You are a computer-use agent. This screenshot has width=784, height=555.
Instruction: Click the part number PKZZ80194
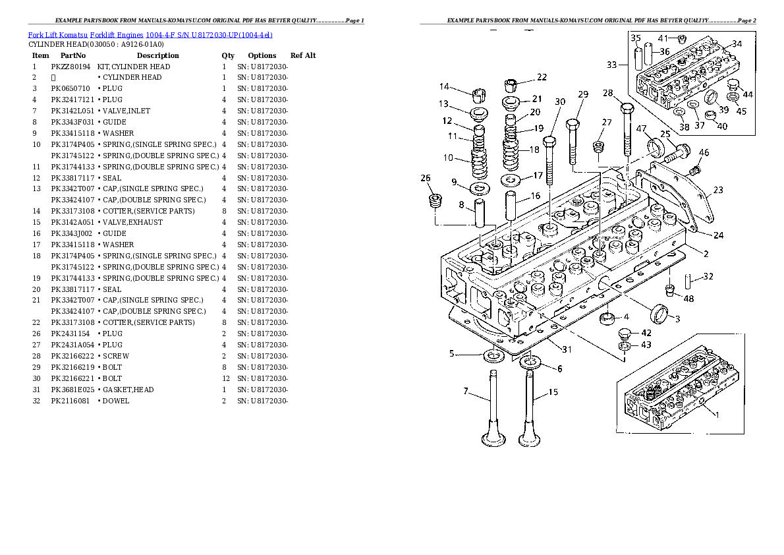point(70,67)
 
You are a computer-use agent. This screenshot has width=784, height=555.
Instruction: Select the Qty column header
point(228,56)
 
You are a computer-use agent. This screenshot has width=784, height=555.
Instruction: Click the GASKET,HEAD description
point(128,390)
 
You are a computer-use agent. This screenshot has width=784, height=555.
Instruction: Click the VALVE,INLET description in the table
point(126,111)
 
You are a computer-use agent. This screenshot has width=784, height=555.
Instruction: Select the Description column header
point(157,56)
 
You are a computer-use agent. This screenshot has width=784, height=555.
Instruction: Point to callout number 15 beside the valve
point(553,392)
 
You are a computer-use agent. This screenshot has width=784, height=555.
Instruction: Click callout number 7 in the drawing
point(465,392)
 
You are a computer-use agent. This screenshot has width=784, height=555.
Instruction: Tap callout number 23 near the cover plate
point(717,190)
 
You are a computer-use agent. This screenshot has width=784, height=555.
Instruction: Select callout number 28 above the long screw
point(607,93)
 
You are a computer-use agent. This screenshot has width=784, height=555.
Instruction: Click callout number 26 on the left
point(426,178)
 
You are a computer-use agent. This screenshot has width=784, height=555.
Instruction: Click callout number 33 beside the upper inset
point(612,65)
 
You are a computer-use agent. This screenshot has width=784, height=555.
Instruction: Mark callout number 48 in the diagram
point(688,299)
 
